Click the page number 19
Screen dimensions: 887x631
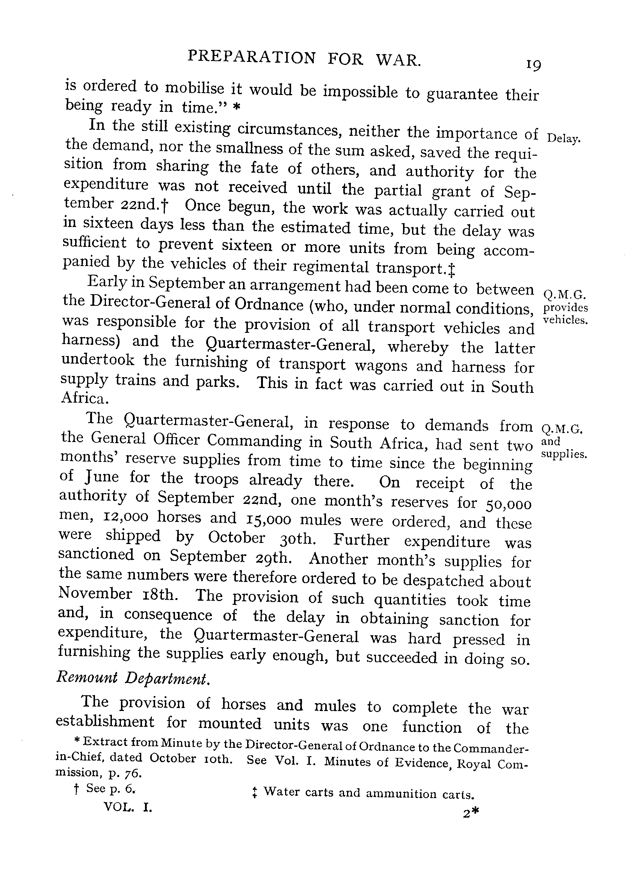(x=533, y=65)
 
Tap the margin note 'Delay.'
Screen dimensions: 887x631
(x=563, y=138)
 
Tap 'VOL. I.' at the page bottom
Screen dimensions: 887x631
(x=128, y=807)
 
